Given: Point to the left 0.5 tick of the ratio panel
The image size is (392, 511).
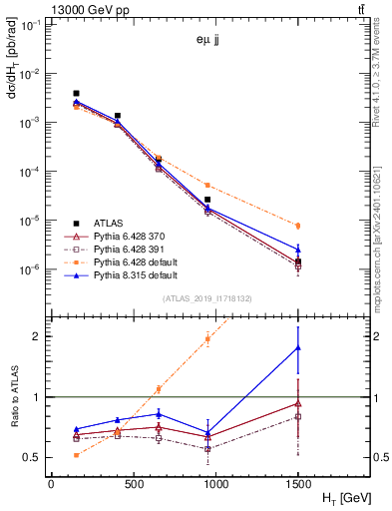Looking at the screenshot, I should (34, 458).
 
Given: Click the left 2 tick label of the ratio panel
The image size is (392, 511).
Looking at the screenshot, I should (38, 336).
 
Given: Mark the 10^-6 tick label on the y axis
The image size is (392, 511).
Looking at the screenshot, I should (29, 269).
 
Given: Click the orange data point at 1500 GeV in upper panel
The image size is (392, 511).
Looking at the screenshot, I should (297, 226).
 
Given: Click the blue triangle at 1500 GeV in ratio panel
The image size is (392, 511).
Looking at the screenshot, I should (297, 346).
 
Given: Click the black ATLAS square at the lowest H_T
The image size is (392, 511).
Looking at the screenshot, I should (76, 93).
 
